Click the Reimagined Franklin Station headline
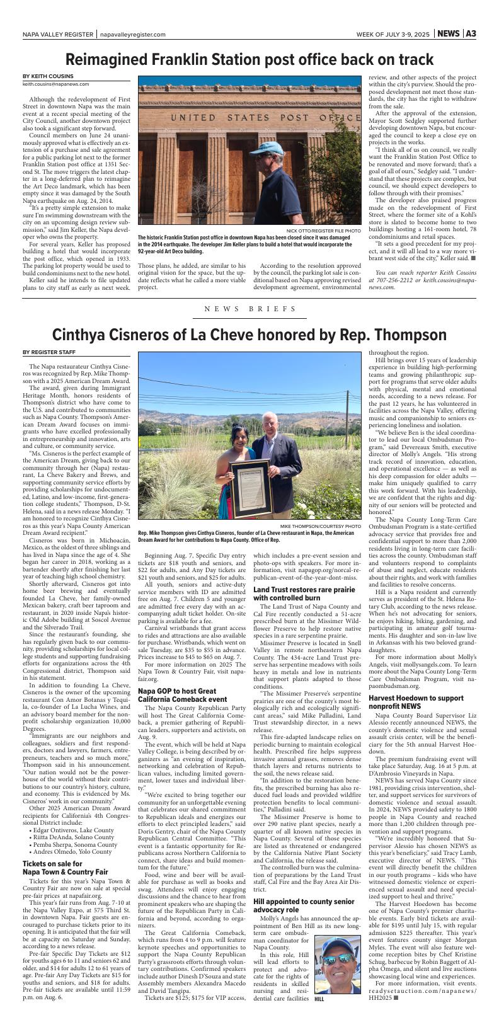(249, 60)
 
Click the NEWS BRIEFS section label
(249, 309)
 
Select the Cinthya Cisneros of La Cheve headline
(249, 334)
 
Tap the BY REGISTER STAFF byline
(49, 352)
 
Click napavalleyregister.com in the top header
(132, 35)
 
